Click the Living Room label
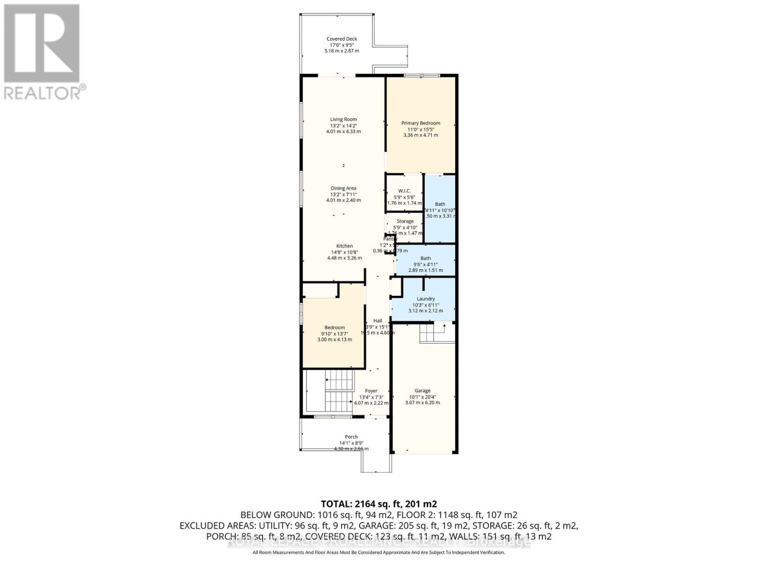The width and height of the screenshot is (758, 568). click(x=343, y=119)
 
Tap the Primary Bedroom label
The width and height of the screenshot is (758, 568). click(x=421, y=123)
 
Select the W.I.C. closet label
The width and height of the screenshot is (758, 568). click(x=404, y=191)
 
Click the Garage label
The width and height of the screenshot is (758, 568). click(x=423, y=391)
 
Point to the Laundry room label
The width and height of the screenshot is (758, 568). click(x=425, y=299)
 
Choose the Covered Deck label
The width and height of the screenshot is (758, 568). click(x=342, y=39)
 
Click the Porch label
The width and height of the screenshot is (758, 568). click(x=351, y=437)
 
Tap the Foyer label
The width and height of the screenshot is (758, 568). click(x=371, y=391)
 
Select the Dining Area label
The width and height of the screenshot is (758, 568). click(x=343, y=188)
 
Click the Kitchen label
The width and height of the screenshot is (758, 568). click(x=344, y=246)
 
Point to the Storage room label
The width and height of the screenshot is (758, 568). click(x=405, y=222)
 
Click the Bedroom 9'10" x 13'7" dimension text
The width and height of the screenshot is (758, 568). click(x=334, y=334)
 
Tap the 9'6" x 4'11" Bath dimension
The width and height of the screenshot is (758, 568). click(x=425, y=265)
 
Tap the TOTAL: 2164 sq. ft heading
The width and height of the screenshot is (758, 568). click(x=379, y=504)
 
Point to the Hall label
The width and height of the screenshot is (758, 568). click(x=378, y=321)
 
